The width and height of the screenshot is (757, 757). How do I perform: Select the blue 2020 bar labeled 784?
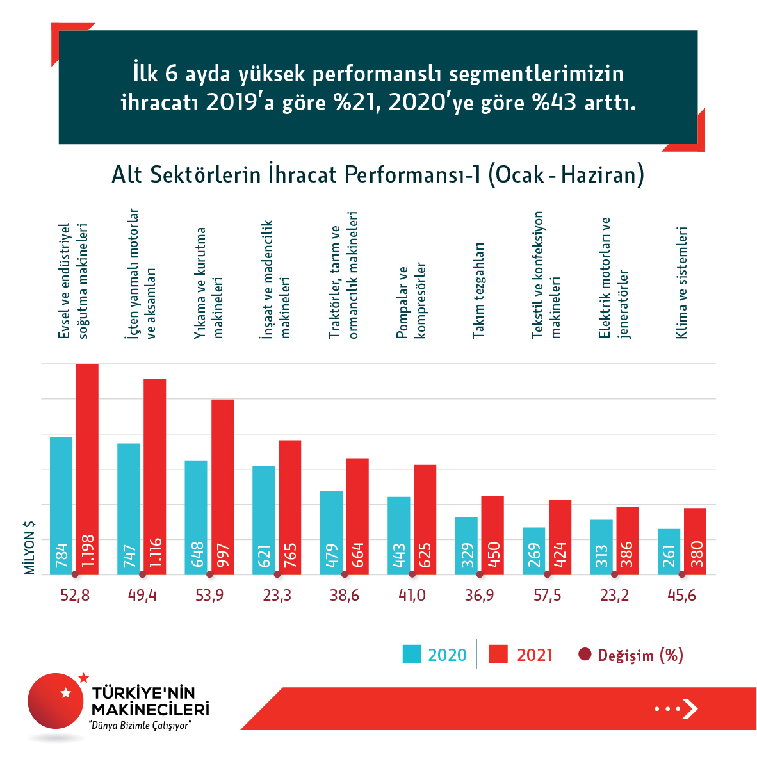click(61, 505)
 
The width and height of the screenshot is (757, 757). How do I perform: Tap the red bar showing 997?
click(223, 487)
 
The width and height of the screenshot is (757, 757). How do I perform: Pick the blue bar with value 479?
click(331, 532)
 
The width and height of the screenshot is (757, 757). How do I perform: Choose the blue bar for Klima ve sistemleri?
click(669, 551)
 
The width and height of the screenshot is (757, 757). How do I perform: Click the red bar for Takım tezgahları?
click(492, 535)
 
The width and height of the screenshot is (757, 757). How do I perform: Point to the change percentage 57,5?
click(547, 596)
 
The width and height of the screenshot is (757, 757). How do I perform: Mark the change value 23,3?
click(277, 596)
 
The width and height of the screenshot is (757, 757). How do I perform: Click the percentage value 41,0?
click(412, 596)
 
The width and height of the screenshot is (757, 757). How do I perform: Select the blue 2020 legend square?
click(412, 654)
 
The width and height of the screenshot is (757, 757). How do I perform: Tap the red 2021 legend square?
click(498, 654)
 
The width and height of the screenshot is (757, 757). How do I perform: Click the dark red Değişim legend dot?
click(584, 655)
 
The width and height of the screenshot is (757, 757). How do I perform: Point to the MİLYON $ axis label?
click(29, 548)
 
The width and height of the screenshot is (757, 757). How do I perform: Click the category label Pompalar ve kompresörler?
click(411, 300)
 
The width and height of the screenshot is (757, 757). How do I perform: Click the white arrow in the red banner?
click(690, 708)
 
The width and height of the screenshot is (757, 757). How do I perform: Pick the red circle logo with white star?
click(56, 700)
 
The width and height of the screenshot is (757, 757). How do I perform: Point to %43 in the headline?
click(555, 102)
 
